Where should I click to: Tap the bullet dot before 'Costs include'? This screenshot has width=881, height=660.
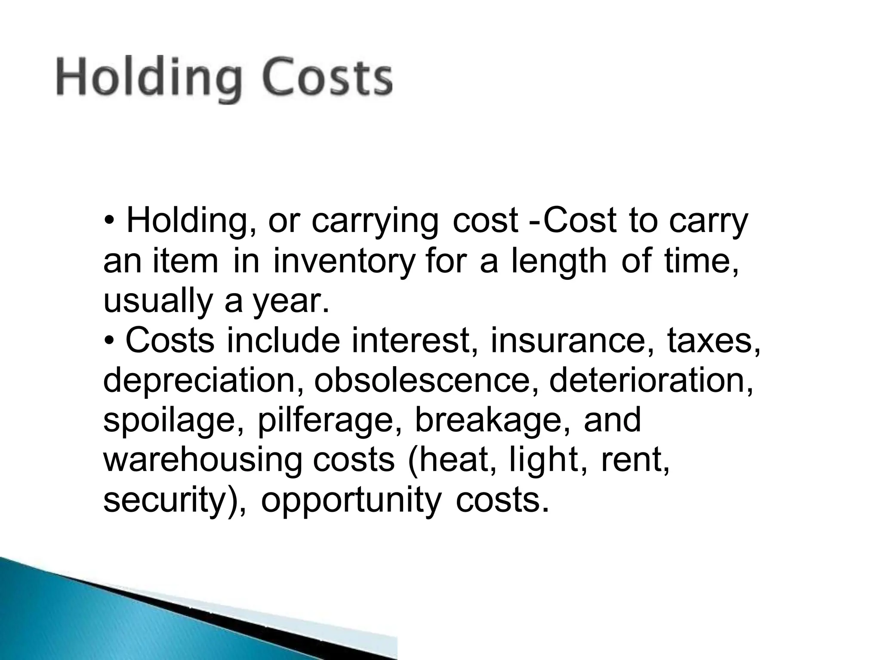click(x=110, y=341)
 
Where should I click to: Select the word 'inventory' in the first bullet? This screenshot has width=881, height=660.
click(x=345, y=261)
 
